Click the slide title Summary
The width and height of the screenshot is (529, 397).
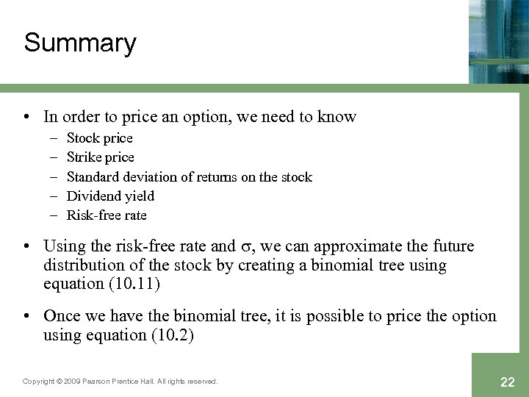pos(80,43)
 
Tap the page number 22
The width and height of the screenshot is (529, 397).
pos(507,382)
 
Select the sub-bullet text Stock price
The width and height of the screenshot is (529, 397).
pos(100,138)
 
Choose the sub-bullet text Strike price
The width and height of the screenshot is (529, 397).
pos(101,157)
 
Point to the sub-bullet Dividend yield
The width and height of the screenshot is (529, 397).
pos(110,196)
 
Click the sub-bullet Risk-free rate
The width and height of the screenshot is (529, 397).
pos(107,215)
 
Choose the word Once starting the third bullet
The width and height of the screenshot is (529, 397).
pos(61,316)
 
